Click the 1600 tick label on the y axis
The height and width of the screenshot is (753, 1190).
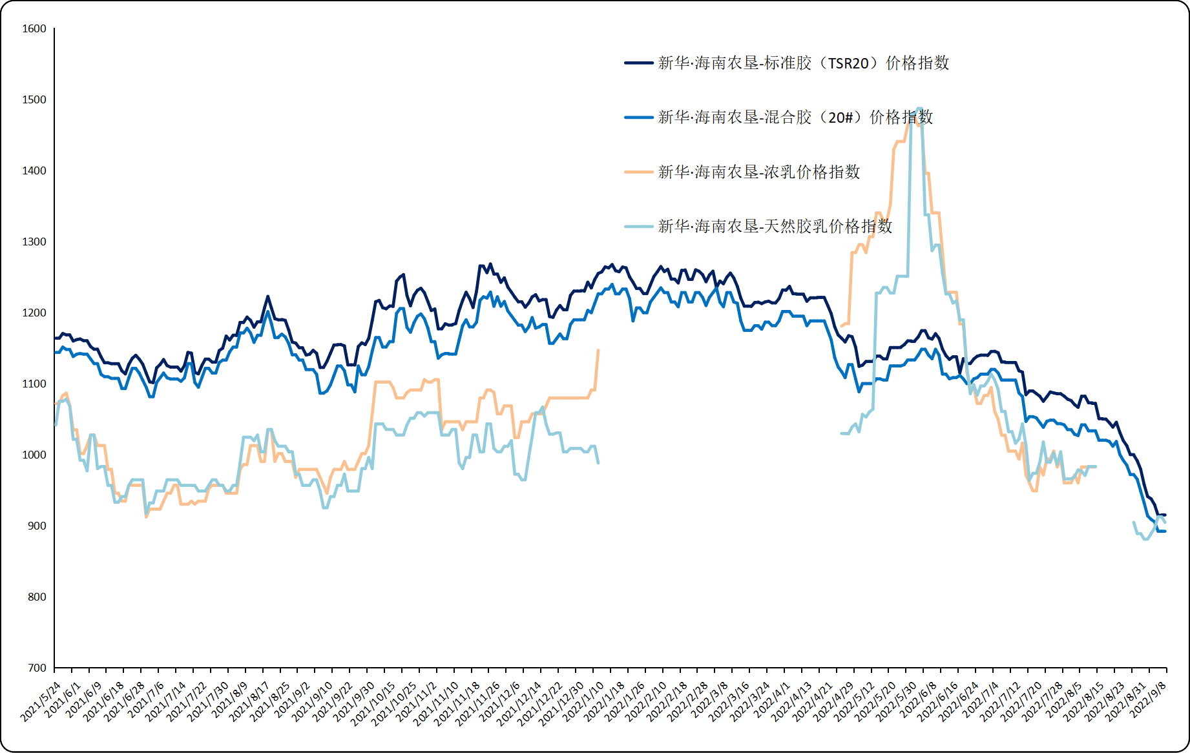tap(34, 28)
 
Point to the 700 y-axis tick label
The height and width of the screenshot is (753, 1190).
tap(37, 668)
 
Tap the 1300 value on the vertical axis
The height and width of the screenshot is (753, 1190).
tap(34, 242)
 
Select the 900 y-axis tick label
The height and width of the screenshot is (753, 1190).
tap(37, 526)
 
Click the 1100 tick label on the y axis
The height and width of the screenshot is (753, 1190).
tap(34, 384)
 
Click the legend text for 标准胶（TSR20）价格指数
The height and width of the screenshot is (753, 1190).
tap(803, 63)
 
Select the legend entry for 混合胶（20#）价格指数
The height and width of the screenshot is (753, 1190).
tap(795, 118)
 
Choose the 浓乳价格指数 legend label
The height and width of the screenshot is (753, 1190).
tap(759, 172)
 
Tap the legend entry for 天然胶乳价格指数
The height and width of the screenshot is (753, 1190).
tap(775, 226)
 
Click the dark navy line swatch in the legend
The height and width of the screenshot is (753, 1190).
tap(638, 63)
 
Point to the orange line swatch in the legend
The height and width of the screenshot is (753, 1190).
tap(638, 172)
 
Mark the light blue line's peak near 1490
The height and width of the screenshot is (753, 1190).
tap(919, 108)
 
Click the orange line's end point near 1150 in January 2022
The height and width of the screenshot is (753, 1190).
tap(598, 351)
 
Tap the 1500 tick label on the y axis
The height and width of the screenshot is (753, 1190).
tap(34, 99)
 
